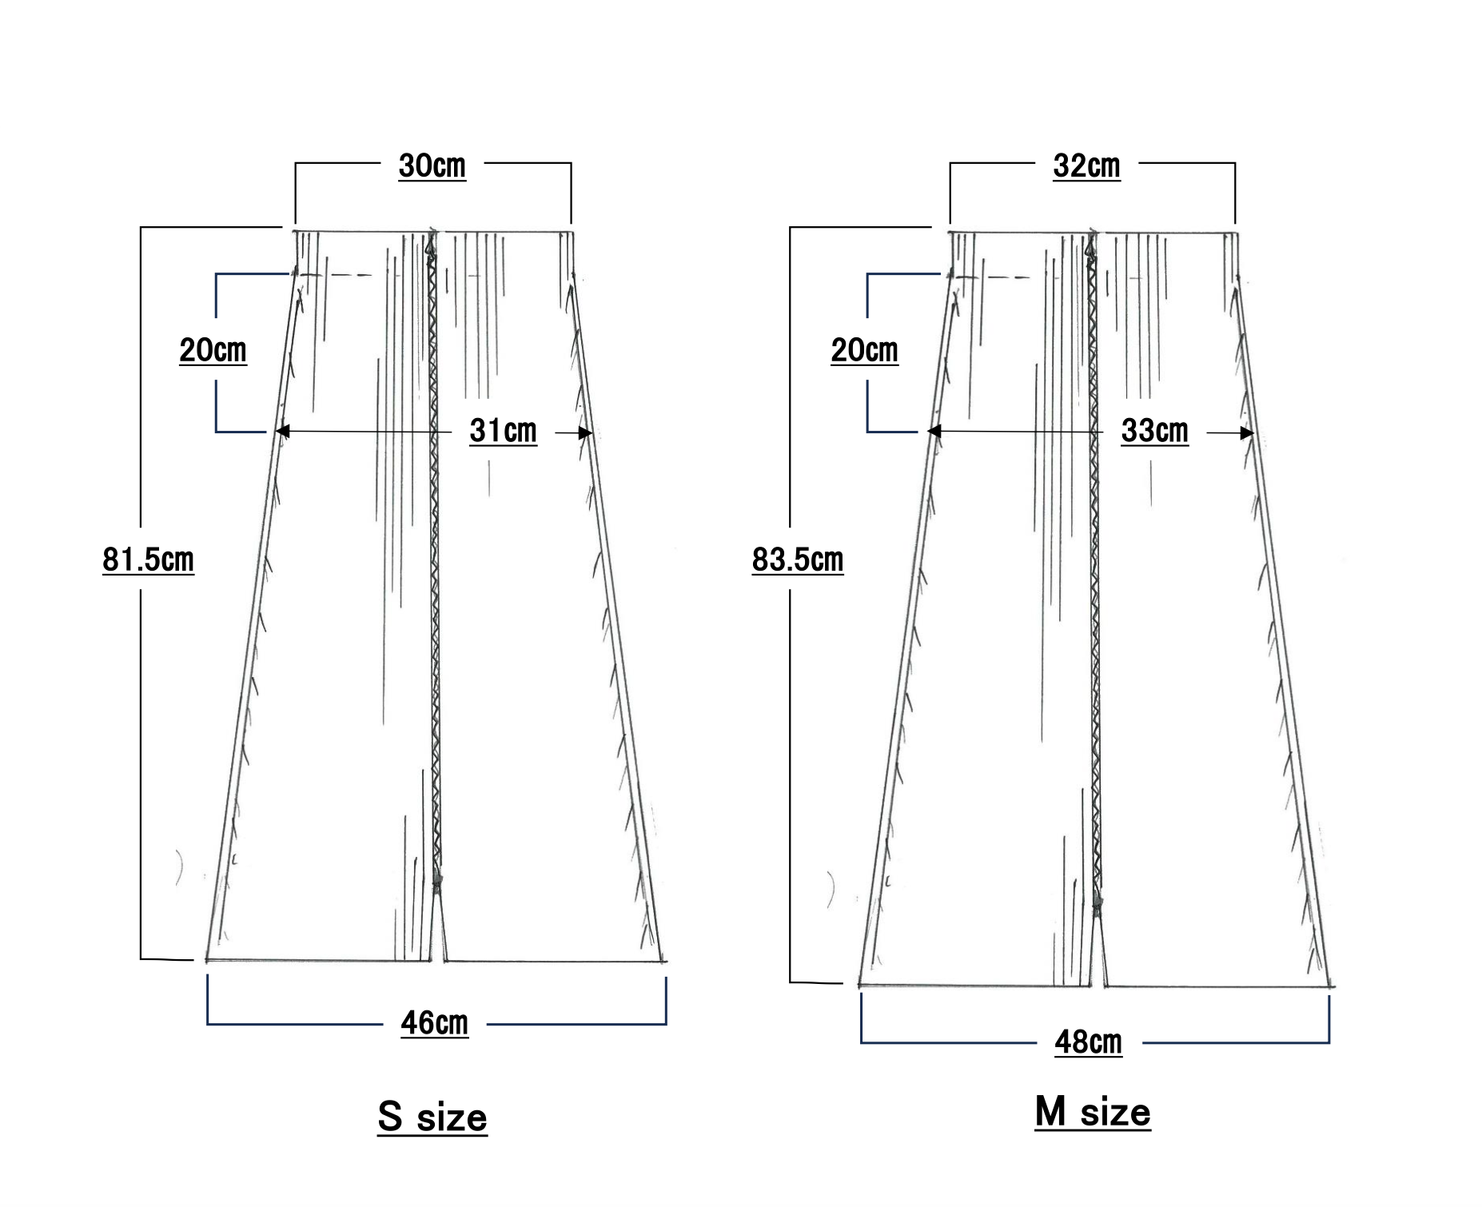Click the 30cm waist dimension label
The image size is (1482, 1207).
pyautogui.click(x=432, y=166)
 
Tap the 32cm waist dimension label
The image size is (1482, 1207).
pyautogui.click(x=1087, y=166)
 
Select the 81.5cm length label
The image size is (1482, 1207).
pyautogui.click(x=149, y=560)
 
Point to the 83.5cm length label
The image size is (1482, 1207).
pyautogui.click(x=798, y=560)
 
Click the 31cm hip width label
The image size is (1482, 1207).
pyautogui.click(x=504, y=431)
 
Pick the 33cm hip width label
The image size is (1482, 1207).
pyautogui.click(x=1155, y=431)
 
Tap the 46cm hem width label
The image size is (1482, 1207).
pyautogui.click(x=435, y=1023)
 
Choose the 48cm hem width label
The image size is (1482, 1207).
pyautogui.click(x=1089, y=1042)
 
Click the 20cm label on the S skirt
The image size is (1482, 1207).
pyautogui.click(x=213, y=350)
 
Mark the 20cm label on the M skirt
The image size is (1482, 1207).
pyautogui.click(x=865, y=350)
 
